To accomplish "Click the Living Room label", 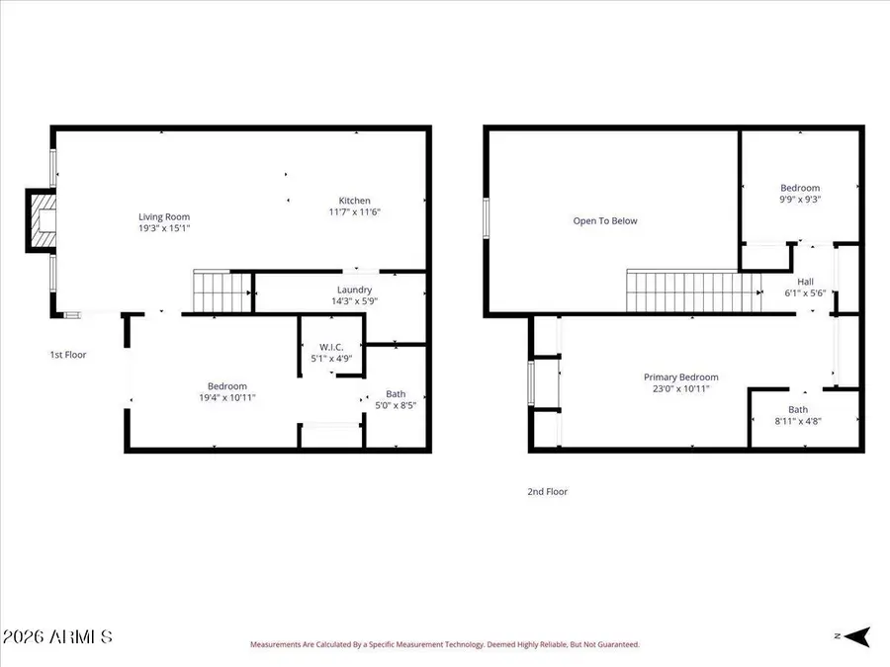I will [x=163, y=216].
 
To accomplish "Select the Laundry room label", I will [x=354, y=290].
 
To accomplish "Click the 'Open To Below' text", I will [x=605, y=220].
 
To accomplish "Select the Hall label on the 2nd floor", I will [x=805, y=281].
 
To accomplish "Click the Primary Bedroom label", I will [x=680, y=376].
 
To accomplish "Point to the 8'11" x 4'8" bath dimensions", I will [x=797, y=421].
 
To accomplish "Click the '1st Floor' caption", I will [x=68, y=354].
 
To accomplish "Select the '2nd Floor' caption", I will [x=547, y=491].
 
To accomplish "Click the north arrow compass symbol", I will [x=855, y=636].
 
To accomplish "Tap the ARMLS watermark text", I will [x=57, y=636].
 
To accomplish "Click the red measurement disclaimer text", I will [x=444, y=644].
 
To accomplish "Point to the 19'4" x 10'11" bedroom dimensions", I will [x=226, y=397].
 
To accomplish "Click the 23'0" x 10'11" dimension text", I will [x=680, y=388].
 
